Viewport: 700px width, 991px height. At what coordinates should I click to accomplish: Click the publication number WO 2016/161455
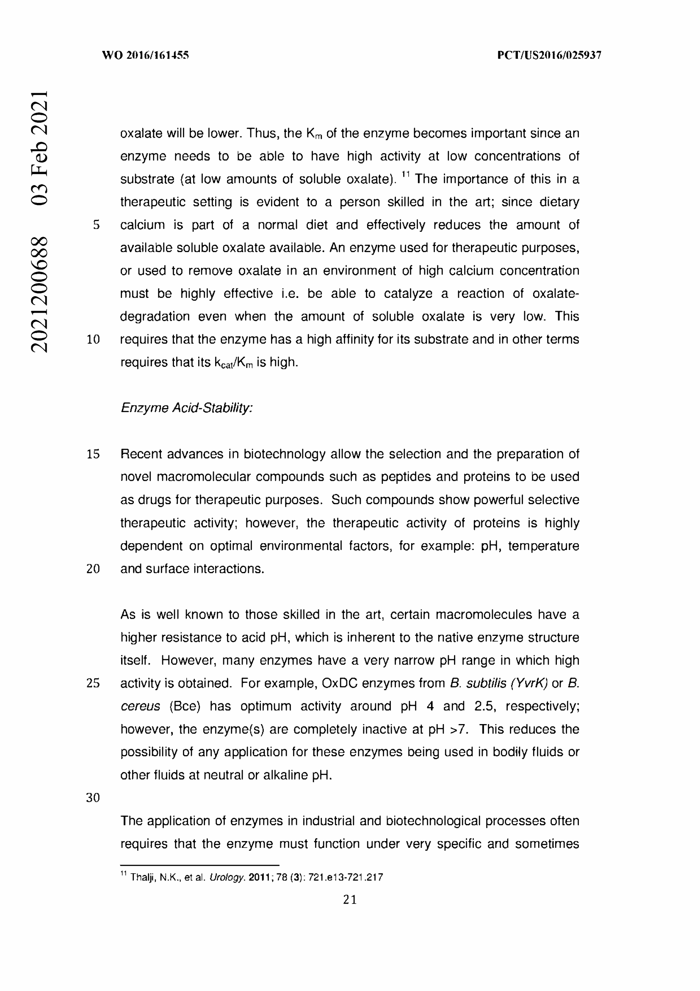click(x=145, y=55)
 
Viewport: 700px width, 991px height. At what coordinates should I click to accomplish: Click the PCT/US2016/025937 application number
click(x=549, y=55)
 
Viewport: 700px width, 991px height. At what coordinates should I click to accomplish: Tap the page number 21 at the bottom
click(x=350, y=899)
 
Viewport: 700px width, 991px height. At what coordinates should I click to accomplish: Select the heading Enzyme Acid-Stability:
click(x=186, y=408)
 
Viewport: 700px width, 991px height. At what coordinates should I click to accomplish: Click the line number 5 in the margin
click(x=96, y=225)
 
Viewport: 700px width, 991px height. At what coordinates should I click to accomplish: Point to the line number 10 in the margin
click(x=93, y=340)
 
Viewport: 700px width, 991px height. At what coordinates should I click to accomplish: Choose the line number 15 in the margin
click(x=93, y=454)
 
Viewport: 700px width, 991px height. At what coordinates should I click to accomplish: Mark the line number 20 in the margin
click(x=93, y=569)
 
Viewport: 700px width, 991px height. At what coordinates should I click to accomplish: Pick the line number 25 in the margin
click(x=93, y=683)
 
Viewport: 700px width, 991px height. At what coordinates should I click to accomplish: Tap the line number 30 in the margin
click(x=93, y=798)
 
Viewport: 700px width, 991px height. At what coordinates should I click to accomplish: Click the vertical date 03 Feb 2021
click(x=39, y=147)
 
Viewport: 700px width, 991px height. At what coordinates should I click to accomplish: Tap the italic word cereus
click(x=140, y=706)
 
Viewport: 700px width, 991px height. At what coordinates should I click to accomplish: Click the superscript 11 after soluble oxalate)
click(x=405, y=175)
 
